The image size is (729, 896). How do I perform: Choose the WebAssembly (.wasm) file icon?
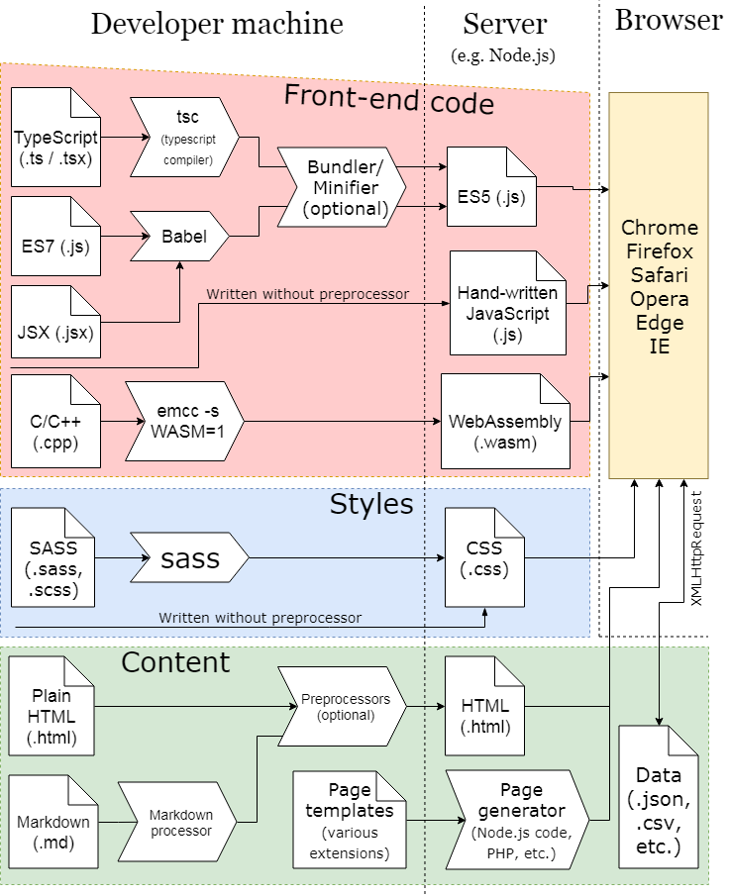click(x=505, y=421)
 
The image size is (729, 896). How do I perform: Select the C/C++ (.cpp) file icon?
click(x=56, y=421)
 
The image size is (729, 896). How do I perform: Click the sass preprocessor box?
click(x=188, y=558)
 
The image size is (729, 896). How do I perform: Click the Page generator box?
click(x=518, y=819)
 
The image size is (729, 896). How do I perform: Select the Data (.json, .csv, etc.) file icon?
click(x=658, y=805)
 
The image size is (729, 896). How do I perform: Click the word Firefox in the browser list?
click(x=659, y=251)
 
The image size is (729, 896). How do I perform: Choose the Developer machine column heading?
click(x=217, y=24)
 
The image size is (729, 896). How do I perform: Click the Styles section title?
click(x=370, y=505)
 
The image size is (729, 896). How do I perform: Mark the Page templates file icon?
click(x=348, y=819)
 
